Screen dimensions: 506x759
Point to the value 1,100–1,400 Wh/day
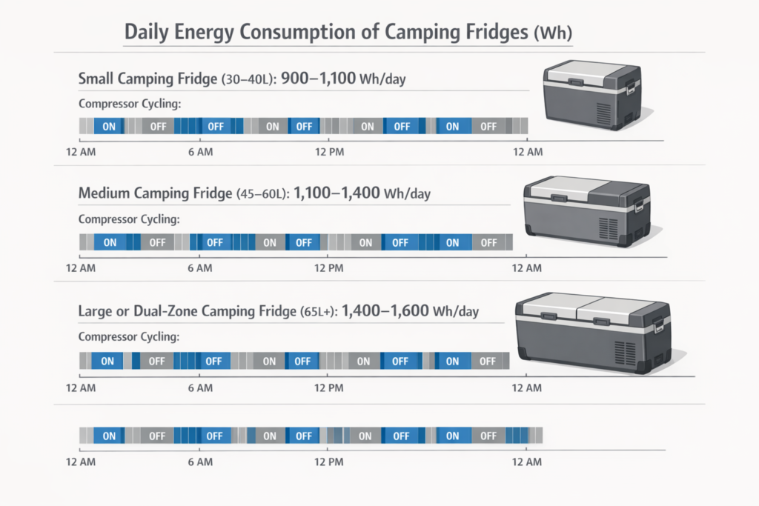click(362, 193)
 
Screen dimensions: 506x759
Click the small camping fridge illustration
click(591, 95)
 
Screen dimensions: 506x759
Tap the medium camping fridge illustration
click(587, 210)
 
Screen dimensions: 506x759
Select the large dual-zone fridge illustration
click(593, 332)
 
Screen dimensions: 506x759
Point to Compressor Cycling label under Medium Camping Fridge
click(128, 219)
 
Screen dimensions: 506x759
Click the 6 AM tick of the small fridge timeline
click(200, 151)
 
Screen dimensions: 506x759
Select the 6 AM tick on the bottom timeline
click(200, 462)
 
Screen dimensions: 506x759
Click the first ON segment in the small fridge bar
click(109, 127)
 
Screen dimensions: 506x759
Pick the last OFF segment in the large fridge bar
click(487, 361)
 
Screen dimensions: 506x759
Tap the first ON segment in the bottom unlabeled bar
click(109, 436)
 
